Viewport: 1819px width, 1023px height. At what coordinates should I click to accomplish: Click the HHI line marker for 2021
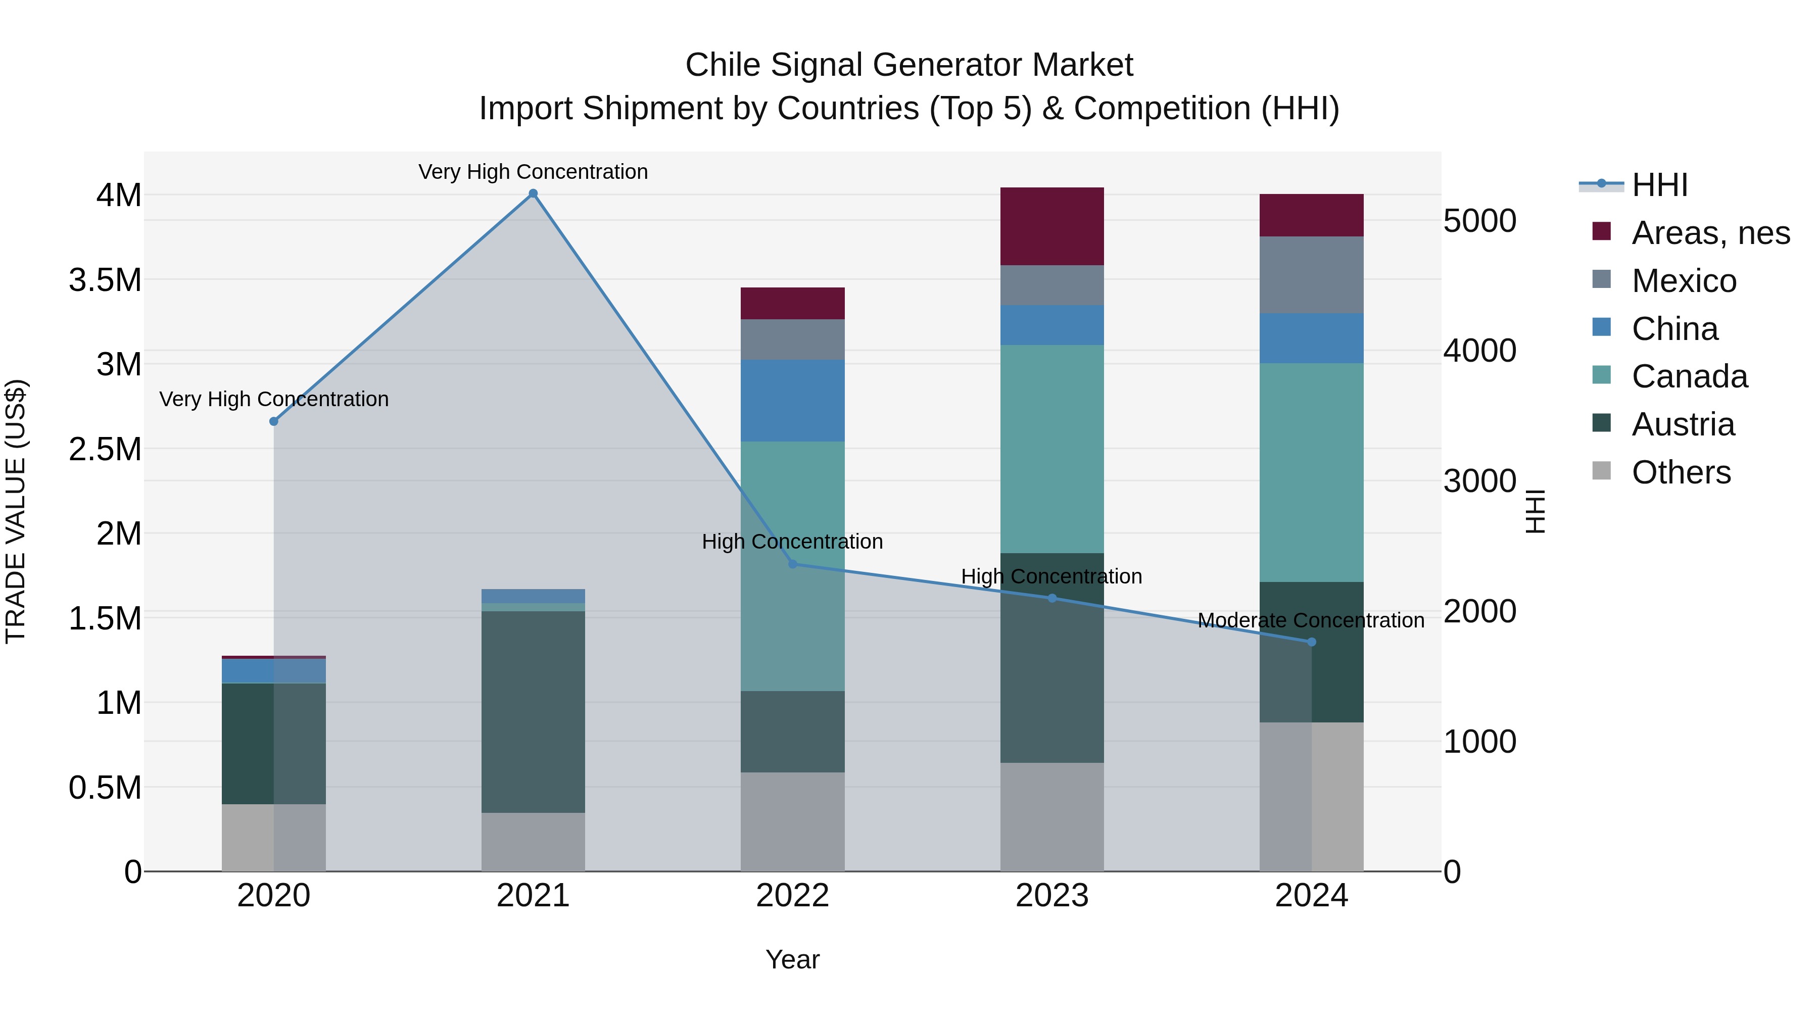click(x=533, y=193)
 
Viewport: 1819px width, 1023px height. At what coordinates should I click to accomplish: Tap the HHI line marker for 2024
click(x=1311, y=642)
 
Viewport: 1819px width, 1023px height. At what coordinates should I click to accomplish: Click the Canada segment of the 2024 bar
click(x=1311, y=472)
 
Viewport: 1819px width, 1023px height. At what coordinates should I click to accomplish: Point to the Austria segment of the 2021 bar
click(x=533, y=712)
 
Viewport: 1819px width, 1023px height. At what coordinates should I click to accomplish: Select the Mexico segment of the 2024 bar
click(x=1311, y=275)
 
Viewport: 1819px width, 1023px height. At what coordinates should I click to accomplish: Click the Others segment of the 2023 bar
click(x=1051, y=817)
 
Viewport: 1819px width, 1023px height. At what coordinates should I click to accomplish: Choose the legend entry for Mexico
click(x=1684, y=281)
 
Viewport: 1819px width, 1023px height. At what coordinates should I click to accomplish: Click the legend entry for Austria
click(x=1683, y=424)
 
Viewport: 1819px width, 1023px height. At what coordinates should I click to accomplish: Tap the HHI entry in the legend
click(x=1659, y=185)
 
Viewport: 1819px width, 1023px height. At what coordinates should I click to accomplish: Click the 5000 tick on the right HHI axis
click(x=1479, y=221)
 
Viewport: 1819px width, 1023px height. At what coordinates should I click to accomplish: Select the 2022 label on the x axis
click(x=792, y=896)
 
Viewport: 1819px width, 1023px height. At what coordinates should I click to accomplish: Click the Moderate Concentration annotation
click(x=1311, y=620)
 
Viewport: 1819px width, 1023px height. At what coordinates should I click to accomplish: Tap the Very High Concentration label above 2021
click(x=533, y=172)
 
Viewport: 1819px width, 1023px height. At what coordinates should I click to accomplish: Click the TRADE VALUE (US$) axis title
click(x=16, y=511)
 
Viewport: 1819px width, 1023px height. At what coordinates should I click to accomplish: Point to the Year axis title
click(x=792, y=959)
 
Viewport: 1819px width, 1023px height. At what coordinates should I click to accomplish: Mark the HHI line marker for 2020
click(x=274, y=421)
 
